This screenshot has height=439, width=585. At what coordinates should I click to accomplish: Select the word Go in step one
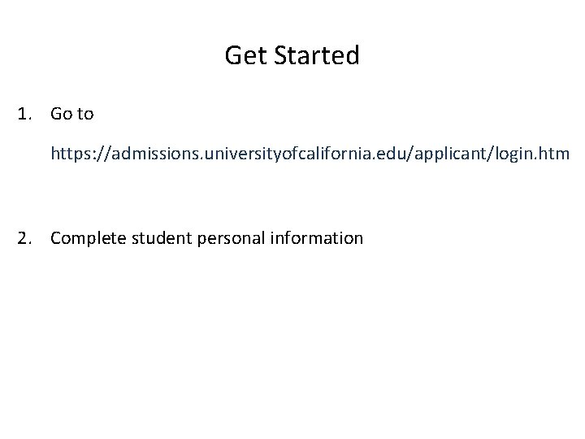[x=61, y=114]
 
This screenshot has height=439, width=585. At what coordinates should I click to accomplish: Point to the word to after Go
[x=85, y=114]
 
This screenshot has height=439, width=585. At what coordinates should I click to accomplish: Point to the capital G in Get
[x=232, y=56]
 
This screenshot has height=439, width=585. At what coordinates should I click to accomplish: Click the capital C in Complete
[x=55, y=238]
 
